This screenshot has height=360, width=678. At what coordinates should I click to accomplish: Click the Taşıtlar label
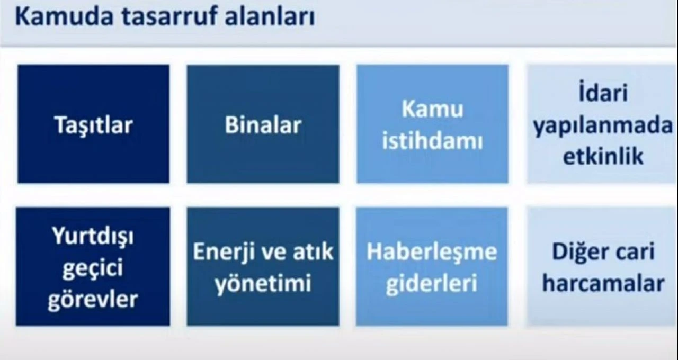[94, 125]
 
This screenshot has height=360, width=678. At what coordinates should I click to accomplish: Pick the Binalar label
[263, 125]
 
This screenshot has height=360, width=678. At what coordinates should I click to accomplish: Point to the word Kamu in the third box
[432, 109]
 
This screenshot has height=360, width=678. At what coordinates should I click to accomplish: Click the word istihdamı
[432, 142]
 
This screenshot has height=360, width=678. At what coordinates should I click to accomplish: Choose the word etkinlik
[602, 157]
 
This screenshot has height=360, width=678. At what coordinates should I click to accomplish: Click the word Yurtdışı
[93, 237]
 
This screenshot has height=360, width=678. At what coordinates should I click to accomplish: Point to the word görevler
[93, 300]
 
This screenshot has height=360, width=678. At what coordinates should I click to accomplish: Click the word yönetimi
[262, 284]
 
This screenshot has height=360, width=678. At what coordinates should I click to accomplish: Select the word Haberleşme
[432, 252]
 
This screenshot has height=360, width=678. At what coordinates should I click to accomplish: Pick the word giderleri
[432, 284]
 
